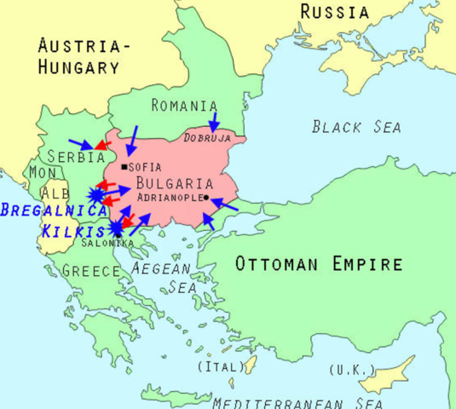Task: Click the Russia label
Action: [335, 12]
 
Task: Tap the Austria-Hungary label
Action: [78, 55]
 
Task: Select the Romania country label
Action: [184, 106]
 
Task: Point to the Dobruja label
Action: [209, 136]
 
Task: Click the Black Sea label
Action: [356, 127]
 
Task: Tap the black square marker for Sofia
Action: [125, 166]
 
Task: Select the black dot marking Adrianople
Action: [206, 198]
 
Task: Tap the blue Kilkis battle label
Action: [72, 231]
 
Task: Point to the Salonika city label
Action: [108, 243]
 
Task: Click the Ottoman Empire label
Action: [319, 263]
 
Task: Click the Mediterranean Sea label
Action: [297, 402]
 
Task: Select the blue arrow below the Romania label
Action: [214, 120]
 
